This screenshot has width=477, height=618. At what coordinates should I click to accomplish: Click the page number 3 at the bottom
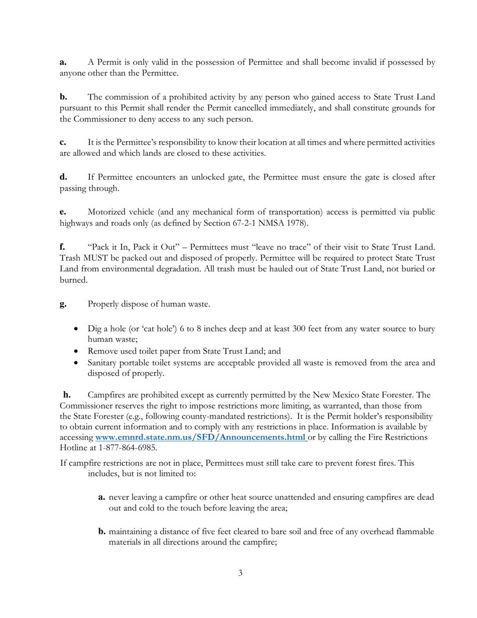[x=240, y=572]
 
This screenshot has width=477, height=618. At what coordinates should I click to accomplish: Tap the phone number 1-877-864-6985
[x=131, y=447]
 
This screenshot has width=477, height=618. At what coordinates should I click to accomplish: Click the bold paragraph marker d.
[x=63, y=176]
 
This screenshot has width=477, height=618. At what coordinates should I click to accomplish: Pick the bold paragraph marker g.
[x=63, y=303]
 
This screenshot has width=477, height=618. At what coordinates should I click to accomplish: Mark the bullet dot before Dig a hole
[x=76, y=330]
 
